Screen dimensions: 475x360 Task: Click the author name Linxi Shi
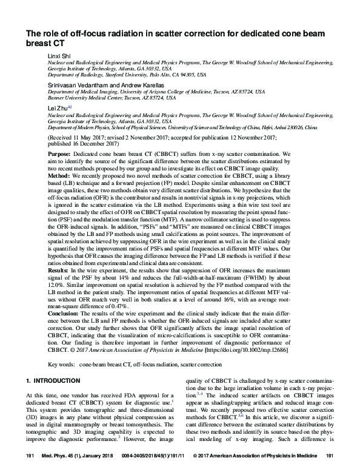point(59,55)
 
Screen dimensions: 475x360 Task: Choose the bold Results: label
point(60,279)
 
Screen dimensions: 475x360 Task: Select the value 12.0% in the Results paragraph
point(55,292)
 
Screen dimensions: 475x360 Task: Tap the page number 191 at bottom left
point(29,470)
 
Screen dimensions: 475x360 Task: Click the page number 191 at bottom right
point(330,470)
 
